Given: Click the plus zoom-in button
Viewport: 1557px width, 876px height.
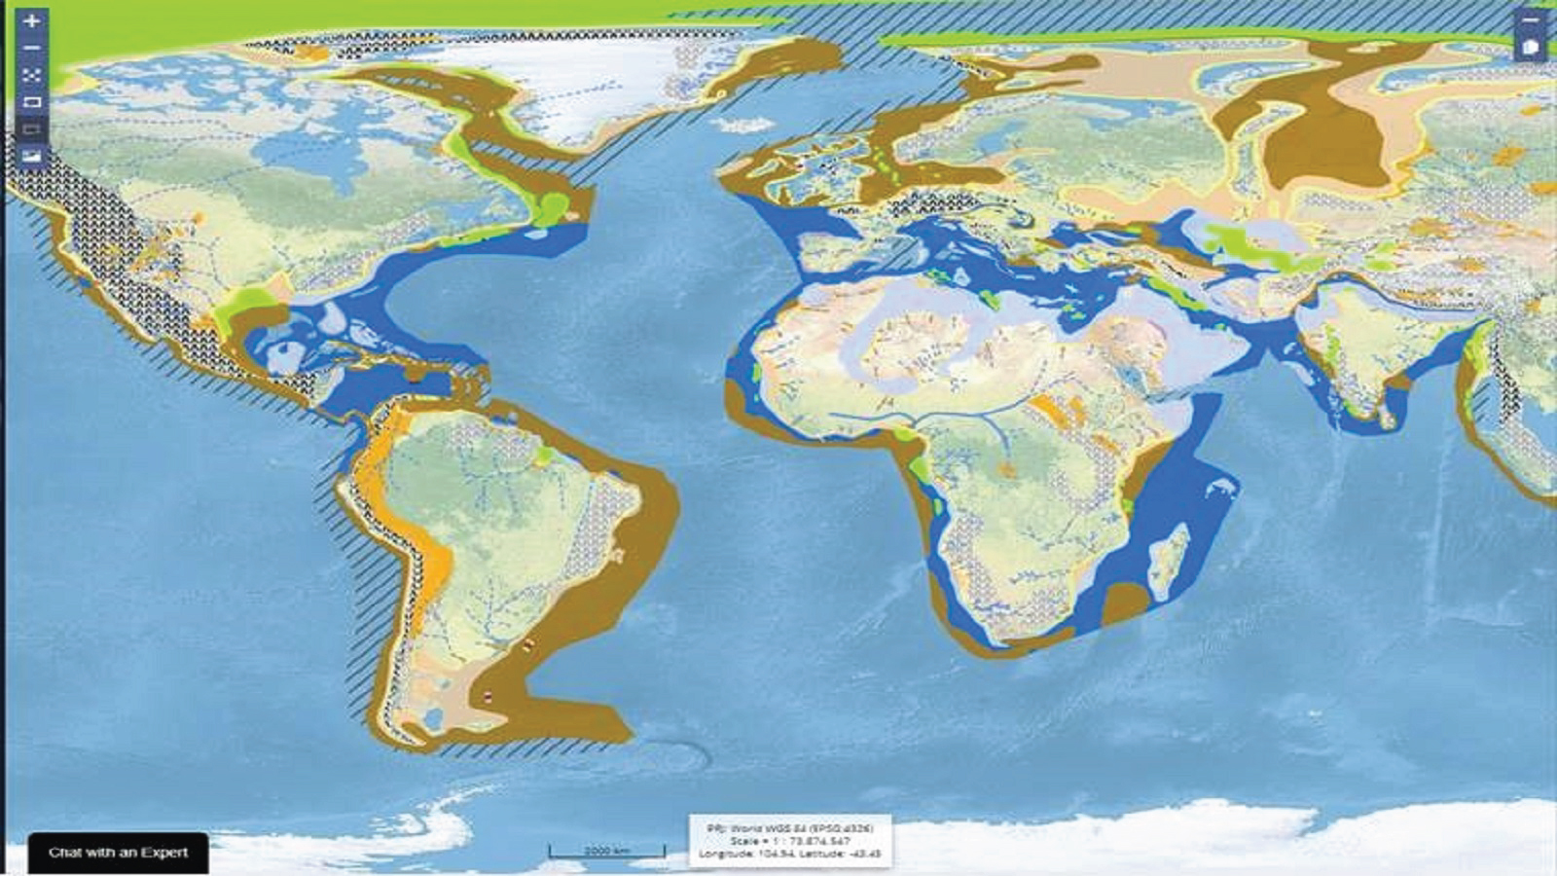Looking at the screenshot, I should pyautogui.click(x=32, y=20).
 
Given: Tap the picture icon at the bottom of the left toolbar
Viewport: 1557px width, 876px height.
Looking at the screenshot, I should pyautogui.click(x=32, y=156).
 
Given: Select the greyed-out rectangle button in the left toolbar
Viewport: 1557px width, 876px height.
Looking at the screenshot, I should pyautogui.click(x=32, y=128).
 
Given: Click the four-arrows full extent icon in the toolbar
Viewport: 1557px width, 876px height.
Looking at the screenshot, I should pyautogui.click(x=32, y=75).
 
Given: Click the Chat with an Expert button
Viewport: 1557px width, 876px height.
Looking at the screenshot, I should pyautogui.click(x=118, y=852).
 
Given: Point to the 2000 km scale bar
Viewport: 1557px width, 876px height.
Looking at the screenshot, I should pyautogui.click(x=607, y=852).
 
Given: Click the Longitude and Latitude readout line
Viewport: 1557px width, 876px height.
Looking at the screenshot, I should pyautogui.click(x=789, y=854).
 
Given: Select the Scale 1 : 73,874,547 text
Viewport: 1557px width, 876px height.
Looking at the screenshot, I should pyautogui.click(x=789, y=840).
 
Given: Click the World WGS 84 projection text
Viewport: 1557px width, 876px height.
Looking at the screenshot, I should pyautogui.click(x=789, y=827).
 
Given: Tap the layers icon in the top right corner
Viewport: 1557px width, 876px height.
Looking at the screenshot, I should pyautogui.click(x=1531, y=47).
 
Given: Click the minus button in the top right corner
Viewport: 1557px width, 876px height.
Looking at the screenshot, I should pyautogui.click(x=1531, y=19).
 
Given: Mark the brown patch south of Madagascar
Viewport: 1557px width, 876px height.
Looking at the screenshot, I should pyautogui.click(x=1127, y=602).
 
